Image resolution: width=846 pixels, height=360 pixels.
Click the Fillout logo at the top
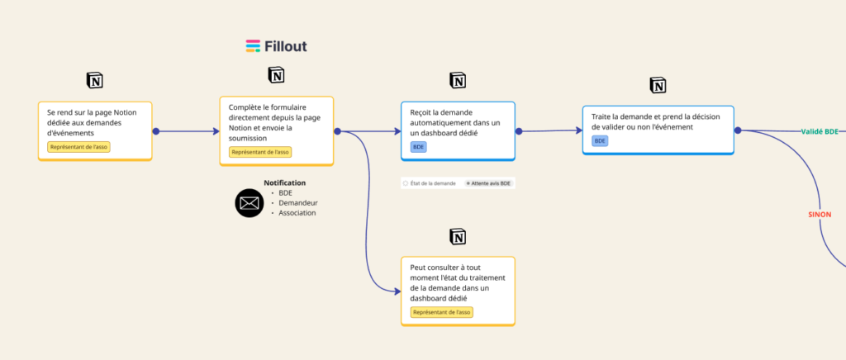(276, 46)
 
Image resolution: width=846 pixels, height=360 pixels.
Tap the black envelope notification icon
(249, 203)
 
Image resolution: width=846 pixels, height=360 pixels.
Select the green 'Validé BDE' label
(820, 131)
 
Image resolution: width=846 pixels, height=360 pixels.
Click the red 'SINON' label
(820, 215)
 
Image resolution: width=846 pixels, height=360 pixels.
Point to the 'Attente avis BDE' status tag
(490, 183)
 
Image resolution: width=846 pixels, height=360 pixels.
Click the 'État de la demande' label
(429, 183)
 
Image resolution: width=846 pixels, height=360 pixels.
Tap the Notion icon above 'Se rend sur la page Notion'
(95, 80)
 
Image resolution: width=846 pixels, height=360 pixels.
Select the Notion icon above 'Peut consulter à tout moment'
(458, 236)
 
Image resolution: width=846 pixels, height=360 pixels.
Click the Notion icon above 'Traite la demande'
(658, 85)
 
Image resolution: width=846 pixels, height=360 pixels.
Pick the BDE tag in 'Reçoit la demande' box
(418, 147)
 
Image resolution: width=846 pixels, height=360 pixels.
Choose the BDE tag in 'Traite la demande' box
(600, 141)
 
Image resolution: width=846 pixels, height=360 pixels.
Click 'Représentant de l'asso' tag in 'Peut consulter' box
(442, 312)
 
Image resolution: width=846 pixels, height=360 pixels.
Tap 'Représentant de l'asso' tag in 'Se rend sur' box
(78, 147)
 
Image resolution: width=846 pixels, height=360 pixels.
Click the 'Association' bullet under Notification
(297, 213)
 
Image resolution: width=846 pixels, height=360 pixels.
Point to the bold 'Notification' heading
(284, 182)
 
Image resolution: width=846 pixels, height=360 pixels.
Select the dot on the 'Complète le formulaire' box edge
(337, 131)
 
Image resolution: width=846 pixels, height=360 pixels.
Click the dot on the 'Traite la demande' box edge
(738, 130)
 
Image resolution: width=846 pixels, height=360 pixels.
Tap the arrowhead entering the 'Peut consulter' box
(397, 291)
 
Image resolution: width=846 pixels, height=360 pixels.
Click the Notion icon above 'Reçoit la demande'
(458, 80)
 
